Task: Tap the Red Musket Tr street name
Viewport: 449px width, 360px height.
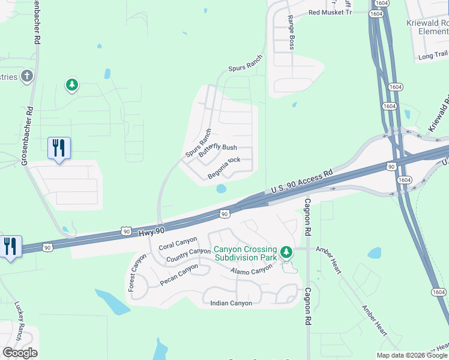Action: [x=329, y=12]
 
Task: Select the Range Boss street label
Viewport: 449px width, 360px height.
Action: [x=291, y=32]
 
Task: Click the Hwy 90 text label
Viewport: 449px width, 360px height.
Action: [x=151, y=231]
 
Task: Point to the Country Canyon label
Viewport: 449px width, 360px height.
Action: [x=188, y=256]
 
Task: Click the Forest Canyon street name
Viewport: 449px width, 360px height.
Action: [x=137, y=273]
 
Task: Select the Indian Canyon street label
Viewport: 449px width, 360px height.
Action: [x=231, y=303]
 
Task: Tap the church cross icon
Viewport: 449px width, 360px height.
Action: [x=26, y=76]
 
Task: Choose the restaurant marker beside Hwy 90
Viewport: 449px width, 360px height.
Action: [x=11, y=247]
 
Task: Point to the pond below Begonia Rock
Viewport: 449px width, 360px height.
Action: [x=221, y=189]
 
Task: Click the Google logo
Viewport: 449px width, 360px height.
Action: [x=20, y=353]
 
